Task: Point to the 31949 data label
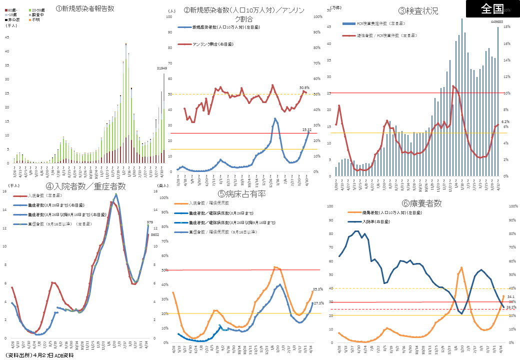point(162,68)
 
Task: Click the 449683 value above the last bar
point(496,22)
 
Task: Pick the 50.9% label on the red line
point(304,87)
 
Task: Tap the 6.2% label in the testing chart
point(505,121)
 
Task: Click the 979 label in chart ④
point(150,222)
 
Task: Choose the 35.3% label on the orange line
point(317,289)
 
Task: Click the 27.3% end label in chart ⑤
point(318,303)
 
